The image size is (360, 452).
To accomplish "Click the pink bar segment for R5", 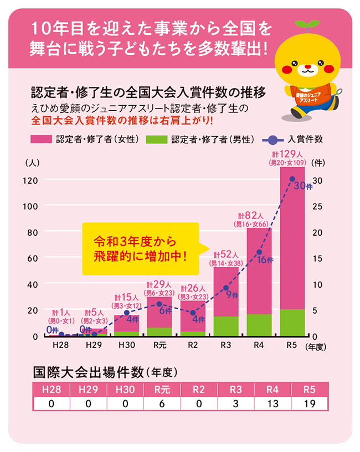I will coord(292,238).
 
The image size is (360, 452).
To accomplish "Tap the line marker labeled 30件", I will coord(292,179).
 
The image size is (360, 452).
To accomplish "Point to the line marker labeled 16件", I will coord(259,252).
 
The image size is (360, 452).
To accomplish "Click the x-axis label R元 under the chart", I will coord(159,345).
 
